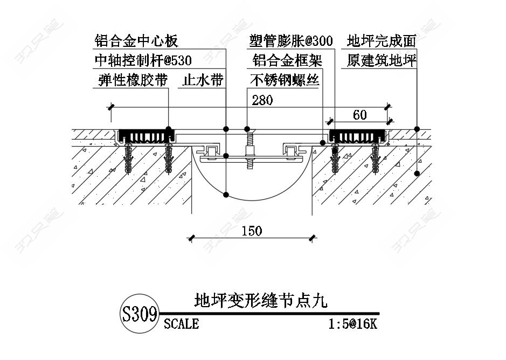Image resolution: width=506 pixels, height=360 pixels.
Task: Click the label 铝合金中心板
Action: click(x=136, y=41)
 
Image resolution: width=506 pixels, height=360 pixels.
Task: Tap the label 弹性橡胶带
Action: click(x=133, y=80)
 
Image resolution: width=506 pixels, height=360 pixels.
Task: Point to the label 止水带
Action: click(x=203, y=80)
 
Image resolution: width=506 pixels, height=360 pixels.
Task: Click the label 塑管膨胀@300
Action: click(x=290, y=41)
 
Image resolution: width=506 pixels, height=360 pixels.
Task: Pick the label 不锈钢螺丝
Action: click(x=285, y=80)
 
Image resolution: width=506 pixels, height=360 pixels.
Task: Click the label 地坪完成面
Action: click(x=382, y=41)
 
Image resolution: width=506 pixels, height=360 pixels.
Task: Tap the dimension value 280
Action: click(x=262, y=100)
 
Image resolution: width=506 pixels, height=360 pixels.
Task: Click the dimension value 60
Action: click(x=359, y=114)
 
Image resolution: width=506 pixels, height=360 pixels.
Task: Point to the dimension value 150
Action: click(x=251, y=231)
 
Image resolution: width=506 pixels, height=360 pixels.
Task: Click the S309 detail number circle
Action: click(x=140, y=314)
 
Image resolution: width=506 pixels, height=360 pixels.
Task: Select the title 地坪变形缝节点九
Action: click(x=260, y=300)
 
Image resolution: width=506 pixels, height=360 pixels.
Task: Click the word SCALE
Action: click(x=181, y=324)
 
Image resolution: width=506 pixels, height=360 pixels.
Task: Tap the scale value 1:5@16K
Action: click(x=352, y=324)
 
